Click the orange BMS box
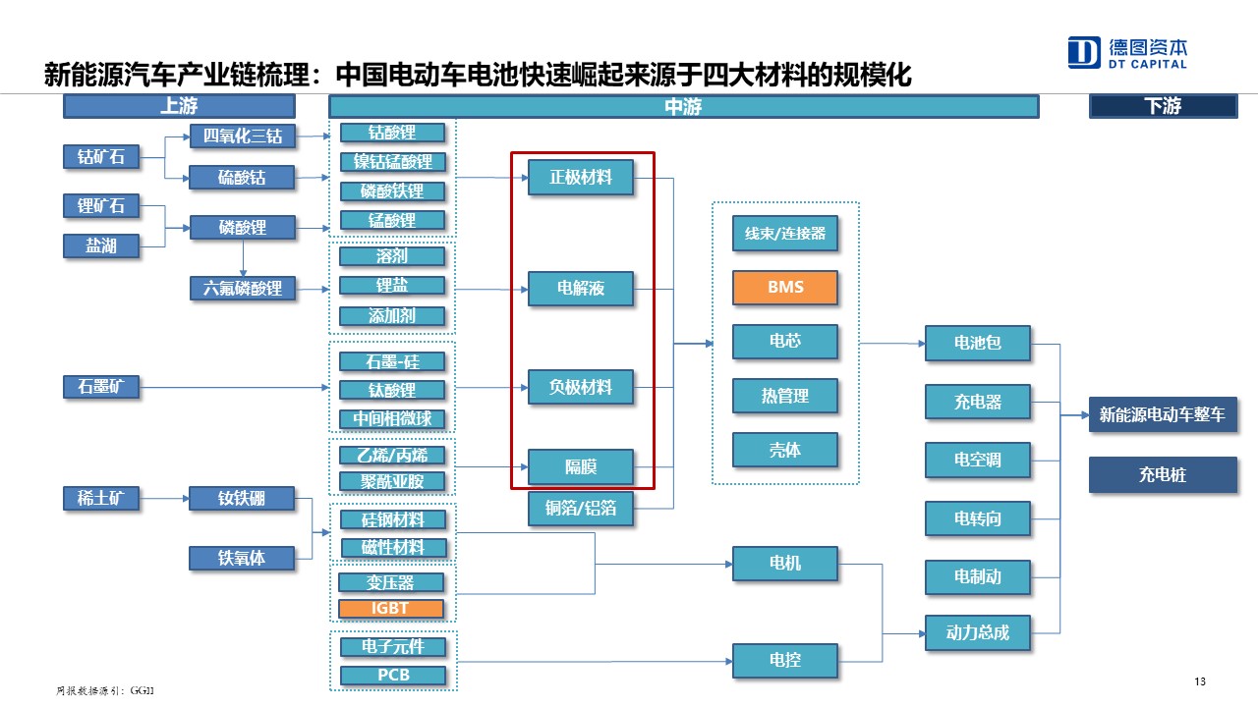click(784, 287)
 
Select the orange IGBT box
click(390, 608)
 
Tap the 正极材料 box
click(580, 177)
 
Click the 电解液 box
click(580, 288)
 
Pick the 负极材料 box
click(580, 387)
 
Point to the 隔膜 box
click(580, 466)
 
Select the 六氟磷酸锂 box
click(242, 289)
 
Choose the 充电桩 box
click(1162, 474)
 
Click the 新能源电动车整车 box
click(1162, 414)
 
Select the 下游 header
click(1162, 106)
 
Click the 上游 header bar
click(179, 106)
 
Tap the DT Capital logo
click(1127, 53)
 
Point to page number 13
click(1199, 682)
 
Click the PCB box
click(392, 675)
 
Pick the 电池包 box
click(977, 343)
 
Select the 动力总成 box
click(977, 632)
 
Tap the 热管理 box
click(784, 396)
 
